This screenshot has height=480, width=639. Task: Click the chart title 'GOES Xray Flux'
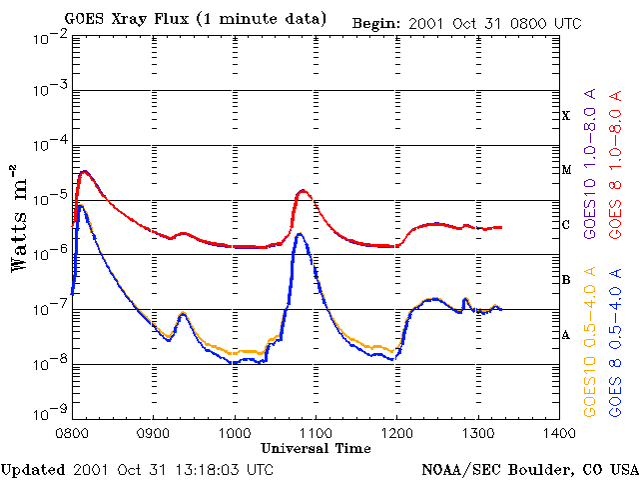(x=195, y=19)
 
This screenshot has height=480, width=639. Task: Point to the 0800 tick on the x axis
(x=73, y=432)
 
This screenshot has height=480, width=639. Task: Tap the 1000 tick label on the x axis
(x=235, y=432)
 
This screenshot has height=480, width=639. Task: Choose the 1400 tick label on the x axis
(x=558, y=432)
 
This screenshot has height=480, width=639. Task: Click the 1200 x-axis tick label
(x=396, y=432)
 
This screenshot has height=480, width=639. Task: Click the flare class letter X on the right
(x=566, y=116)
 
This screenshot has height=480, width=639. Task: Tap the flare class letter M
(x=566, y=170)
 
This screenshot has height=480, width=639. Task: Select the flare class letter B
(x=566, y=280)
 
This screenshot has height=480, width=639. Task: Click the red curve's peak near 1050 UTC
(x=303, y=190)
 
